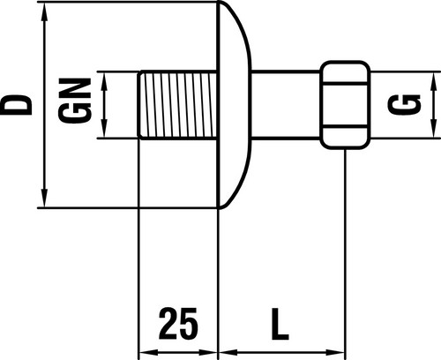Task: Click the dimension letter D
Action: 16,105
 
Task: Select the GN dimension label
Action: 75,101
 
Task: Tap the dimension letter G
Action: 404,105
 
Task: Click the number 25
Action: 178,324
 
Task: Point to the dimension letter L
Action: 280,324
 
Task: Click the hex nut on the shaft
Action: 345,105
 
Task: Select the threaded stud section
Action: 178,105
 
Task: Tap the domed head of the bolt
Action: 235,105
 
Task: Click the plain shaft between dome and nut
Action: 286,105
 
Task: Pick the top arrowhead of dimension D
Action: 44,12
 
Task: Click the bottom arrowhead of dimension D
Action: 44,197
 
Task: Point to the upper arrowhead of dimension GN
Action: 104,81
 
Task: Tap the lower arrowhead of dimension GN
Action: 104,128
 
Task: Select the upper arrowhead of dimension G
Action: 434,82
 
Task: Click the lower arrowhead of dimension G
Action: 434,128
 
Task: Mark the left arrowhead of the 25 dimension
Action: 149,352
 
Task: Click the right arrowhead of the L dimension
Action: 334,352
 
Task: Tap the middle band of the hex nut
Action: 345,105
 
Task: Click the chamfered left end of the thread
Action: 140,105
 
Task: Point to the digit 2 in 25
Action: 168,323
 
